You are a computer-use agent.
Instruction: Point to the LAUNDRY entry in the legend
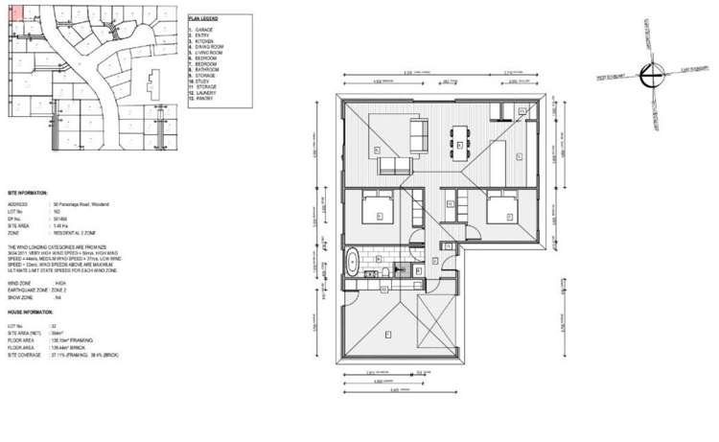point(205,93)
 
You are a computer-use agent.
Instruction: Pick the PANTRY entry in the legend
point(204,99)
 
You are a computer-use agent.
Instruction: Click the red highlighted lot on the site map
point(12,13)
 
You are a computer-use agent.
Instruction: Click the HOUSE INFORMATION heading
point(30,313)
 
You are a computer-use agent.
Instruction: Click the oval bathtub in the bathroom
point(352,262)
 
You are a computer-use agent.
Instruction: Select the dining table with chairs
point(462,143)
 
